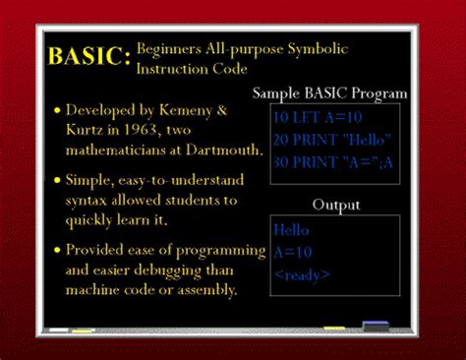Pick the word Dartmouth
(228, 150)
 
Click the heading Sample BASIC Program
(329, 93)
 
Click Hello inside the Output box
(292, 230)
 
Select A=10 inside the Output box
(294, 252)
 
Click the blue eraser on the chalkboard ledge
(375, 326)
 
